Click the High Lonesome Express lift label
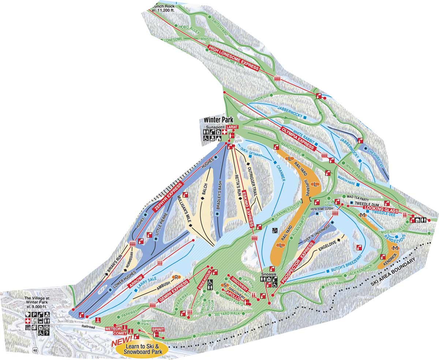pyautogui.click(x=233, y=58)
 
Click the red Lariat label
pyautogui.click(x=232, y=127)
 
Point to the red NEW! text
pyautogui.click(x=122, y=343)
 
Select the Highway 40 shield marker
pyautogui.click(x=35, y=350)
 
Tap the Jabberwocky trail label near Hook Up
pyautogui.click(x=289, y=114)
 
